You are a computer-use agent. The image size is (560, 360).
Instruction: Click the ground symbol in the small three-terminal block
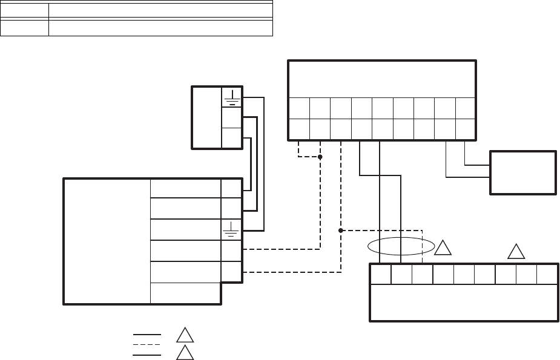232,97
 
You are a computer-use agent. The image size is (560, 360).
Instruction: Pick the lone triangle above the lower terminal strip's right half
516,251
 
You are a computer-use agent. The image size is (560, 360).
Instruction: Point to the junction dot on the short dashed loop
320,157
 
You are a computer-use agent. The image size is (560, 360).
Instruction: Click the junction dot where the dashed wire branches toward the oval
341,231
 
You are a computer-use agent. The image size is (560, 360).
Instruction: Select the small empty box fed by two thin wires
523,172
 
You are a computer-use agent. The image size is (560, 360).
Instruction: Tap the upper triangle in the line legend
184,334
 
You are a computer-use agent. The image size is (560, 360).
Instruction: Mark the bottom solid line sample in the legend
148,353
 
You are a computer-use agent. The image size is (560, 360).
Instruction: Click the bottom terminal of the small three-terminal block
232,138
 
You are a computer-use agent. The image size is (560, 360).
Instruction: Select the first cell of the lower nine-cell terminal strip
380,275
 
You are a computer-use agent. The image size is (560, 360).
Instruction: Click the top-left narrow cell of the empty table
25,10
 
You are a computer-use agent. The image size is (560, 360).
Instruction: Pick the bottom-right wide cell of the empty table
160,28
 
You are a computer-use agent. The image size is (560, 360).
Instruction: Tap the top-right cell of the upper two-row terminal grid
466,108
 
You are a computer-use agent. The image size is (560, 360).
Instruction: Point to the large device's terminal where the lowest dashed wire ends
232,271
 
